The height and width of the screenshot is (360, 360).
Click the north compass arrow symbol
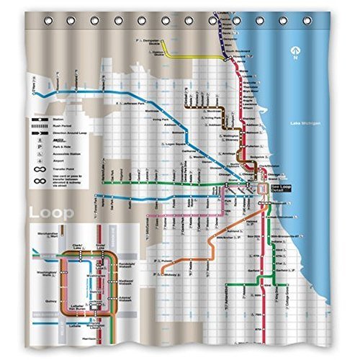point(295,50)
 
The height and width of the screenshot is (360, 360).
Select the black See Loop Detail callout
point(283,191)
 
